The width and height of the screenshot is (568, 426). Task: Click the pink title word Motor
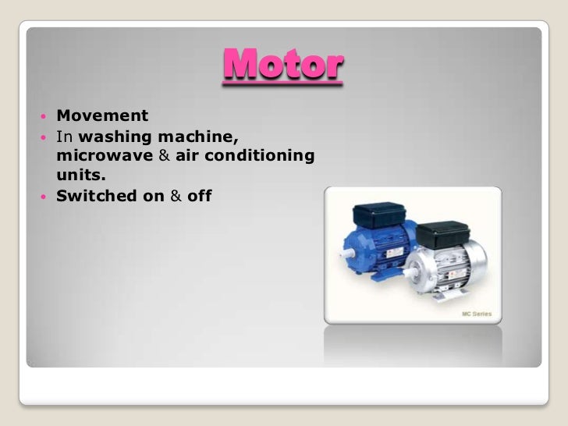pos(283,67)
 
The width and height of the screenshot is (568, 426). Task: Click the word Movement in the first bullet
pos(102,117)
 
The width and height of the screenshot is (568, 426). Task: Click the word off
pos(200,195)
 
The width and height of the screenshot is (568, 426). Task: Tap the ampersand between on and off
pos(176,195)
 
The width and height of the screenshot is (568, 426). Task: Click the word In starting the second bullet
pos(62,137)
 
